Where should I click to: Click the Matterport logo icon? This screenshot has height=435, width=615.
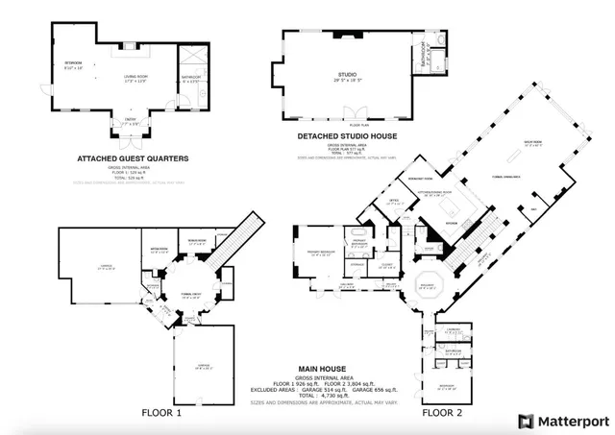pyautogui.click(x=525, y=421)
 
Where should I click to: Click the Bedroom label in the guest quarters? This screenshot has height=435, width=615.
pyautogui.click(x=73, y=65)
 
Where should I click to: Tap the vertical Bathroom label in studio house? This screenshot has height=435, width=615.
pyautogui.click(x=424, y=55)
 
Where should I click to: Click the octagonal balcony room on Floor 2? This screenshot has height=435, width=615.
pyautogui.click(x=424, y=286)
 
